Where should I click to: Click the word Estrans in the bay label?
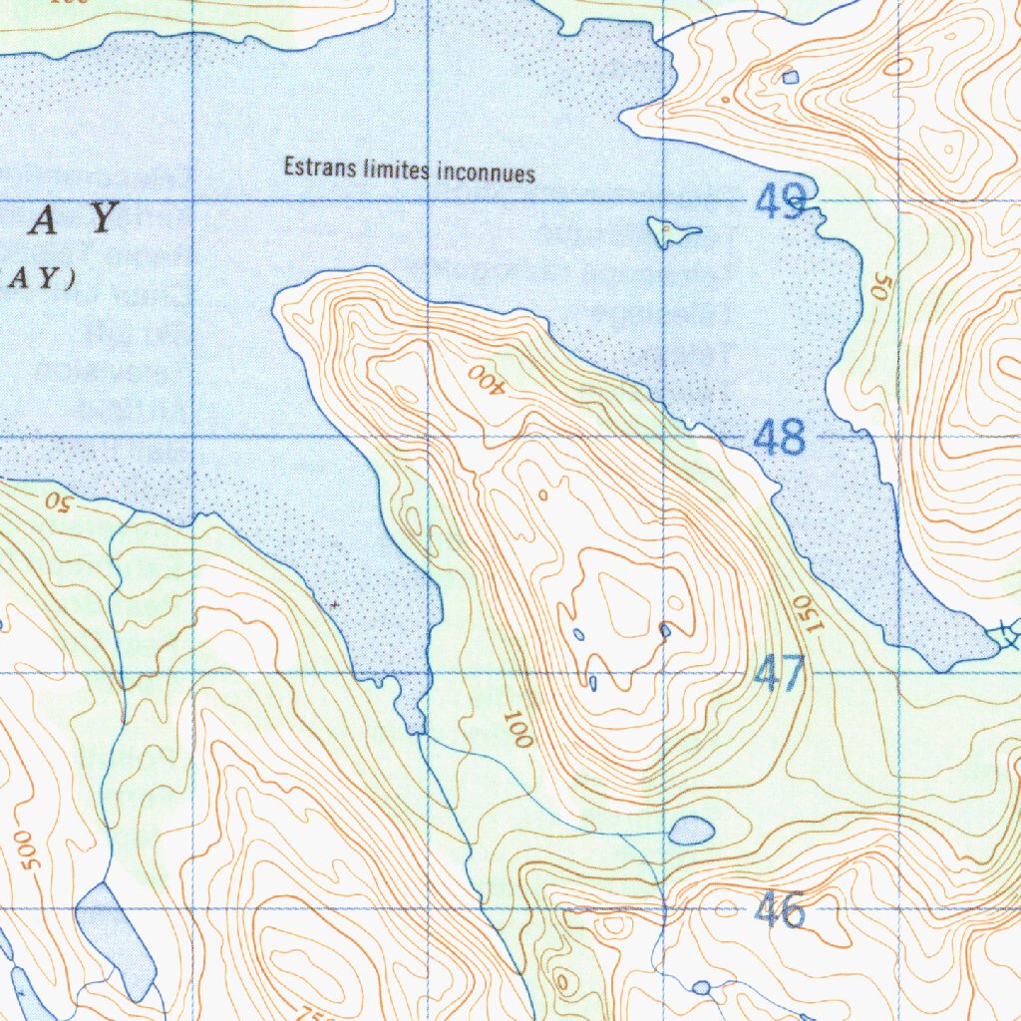point(314,168)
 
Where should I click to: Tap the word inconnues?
point(487,173)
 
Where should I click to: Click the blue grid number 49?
point(779,202)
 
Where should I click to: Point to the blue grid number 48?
point(779,438)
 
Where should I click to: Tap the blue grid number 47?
point(779,674)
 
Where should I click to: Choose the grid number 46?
point(779,909)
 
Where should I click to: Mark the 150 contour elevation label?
point(808,613)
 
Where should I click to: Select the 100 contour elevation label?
point(517,729)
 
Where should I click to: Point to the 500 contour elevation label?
point(27,848)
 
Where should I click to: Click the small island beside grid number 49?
point(670,232)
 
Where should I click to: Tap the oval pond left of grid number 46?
point(691,830)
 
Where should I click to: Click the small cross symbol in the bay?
point(334,604)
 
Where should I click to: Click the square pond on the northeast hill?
point(790,77)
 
